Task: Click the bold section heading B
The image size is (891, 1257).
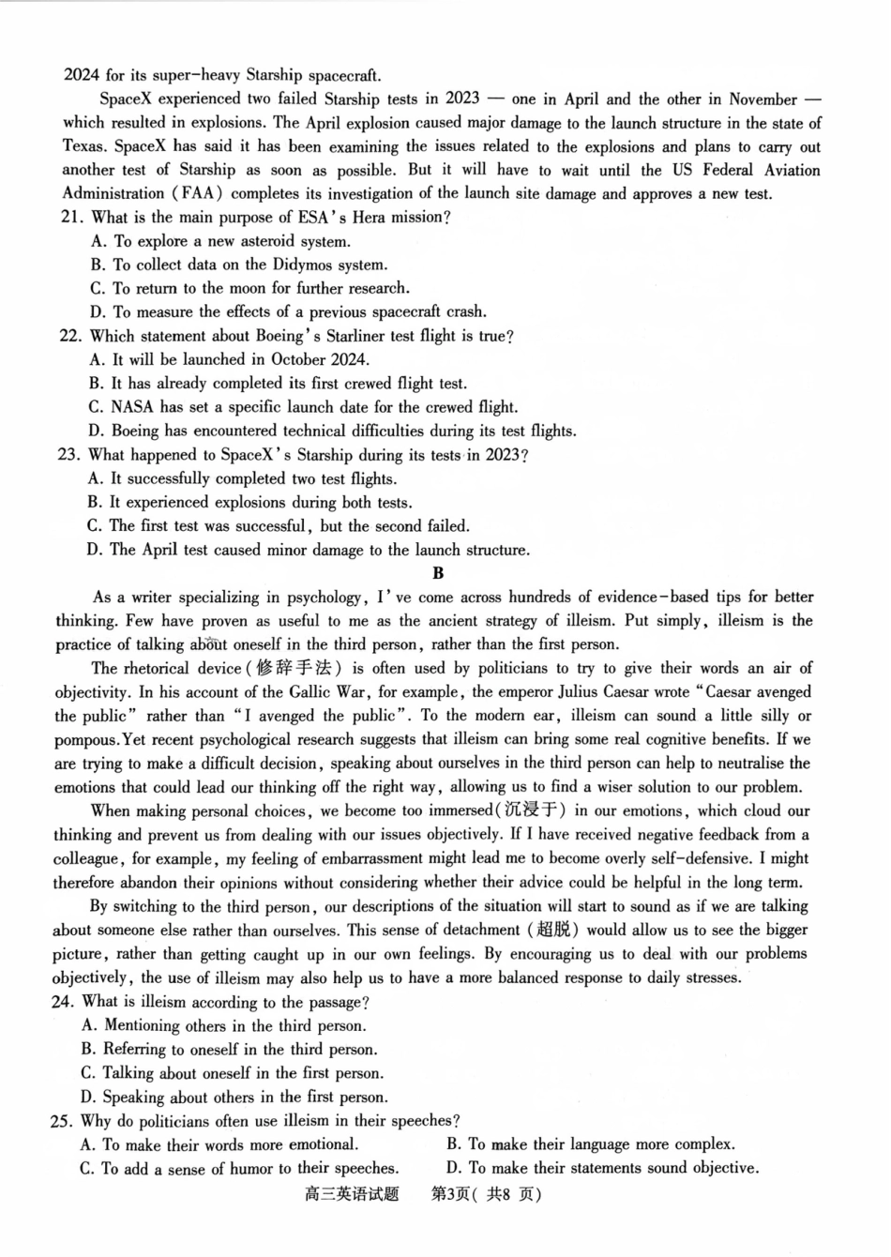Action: click(x=438, y=573)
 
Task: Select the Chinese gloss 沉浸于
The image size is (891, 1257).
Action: click(x=530, y=810)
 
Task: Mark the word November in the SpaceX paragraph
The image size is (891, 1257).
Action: click(x=763, y=99)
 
